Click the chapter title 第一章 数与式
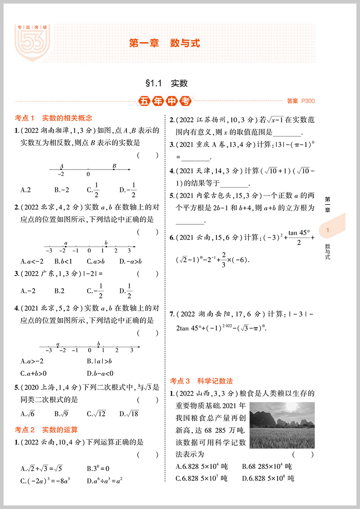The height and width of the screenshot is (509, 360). (x=164, y=44)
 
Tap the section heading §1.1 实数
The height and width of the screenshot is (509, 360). (x=166, y=83)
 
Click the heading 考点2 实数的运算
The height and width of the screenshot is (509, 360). (x=46, y=430)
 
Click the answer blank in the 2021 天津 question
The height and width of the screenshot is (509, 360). (x=234, y=183)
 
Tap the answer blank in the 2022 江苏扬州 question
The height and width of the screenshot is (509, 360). (x=286, y=133)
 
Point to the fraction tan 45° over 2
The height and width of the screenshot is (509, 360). (x=299, y=237)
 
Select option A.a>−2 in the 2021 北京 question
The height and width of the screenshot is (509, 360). (x=32, y=361)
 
